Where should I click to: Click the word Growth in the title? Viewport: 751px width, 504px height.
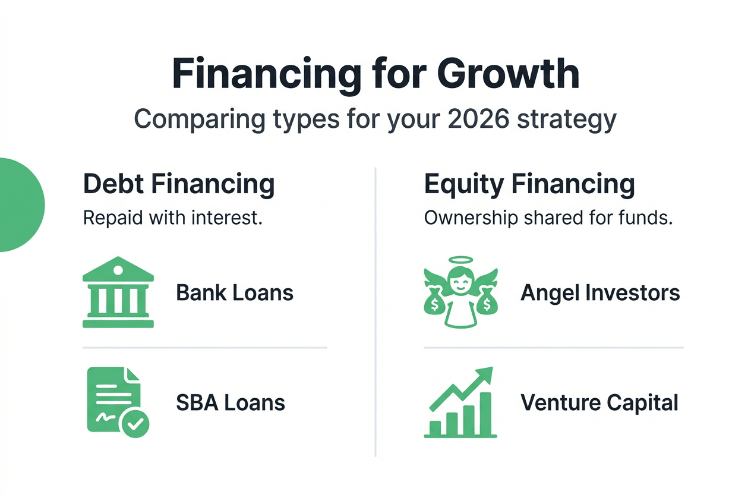coord(508,74)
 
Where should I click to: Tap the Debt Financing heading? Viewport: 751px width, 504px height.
coord(179,184)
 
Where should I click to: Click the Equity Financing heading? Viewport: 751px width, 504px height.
coord(529,184)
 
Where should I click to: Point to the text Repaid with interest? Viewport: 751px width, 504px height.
coord(173,218)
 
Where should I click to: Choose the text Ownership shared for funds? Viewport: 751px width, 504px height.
coord(548,218)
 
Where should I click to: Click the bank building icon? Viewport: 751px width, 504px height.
coord(118,292)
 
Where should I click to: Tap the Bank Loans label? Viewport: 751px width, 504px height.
coord(235,293)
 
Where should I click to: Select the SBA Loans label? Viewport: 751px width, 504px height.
coord(231,402)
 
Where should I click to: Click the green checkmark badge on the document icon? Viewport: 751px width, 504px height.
coord(135,424)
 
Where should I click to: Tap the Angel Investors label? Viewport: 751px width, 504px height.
coord(600,293)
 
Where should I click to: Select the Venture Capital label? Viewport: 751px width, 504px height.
coord(599,402)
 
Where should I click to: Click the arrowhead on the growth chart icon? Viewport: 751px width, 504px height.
coord(485,375)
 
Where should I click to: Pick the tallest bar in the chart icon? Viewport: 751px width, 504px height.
coord(486,414)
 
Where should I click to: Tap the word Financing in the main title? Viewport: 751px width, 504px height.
coord(267,75)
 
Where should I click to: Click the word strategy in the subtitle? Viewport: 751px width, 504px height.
coord(567,120)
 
